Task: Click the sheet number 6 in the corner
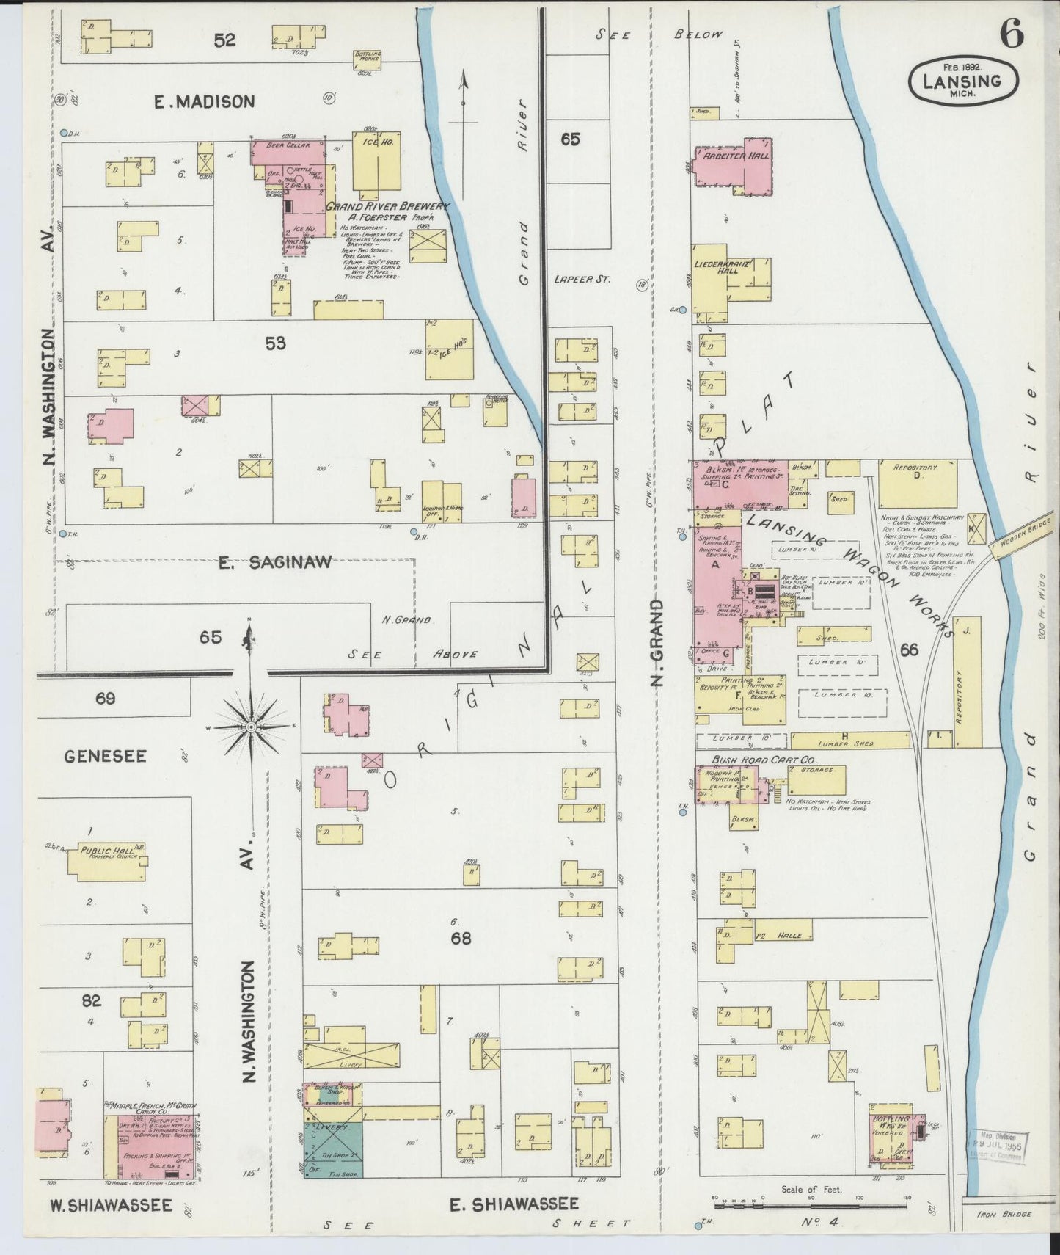(1012, 33)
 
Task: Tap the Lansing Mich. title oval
(962, 79)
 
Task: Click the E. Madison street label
(205, 102)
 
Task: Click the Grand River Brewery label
(387, 207)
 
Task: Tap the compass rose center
(250, 727)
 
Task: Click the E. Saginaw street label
(275, 563)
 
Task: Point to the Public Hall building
(107, 859)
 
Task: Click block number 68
(461, 938)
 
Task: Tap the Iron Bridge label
(1004, 1214)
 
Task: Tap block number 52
(224, 40)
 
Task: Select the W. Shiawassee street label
(111, 1205)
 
